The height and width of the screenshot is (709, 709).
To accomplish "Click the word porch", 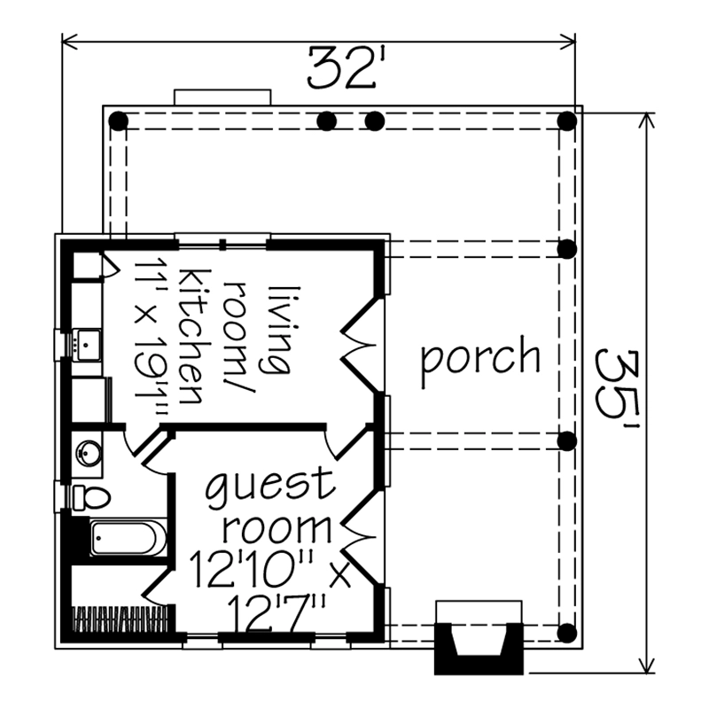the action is coord(480,361).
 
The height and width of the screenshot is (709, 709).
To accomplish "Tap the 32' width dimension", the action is coord(342,68).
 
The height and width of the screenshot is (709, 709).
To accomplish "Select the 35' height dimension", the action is coord(617,389).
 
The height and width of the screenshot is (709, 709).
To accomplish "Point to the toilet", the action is coord(91,498).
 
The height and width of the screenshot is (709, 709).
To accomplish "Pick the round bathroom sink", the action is coord(89,453).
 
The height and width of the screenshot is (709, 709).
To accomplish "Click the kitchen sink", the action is coord(87,345).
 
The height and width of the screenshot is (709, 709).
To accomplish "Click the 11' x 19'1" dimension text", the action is coord(151,337).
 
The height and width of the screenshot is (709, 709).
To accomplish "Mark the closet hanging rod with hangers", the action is coord(121,619).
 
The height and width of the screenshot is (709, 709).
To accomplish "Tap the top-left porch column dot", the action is coord(119,121).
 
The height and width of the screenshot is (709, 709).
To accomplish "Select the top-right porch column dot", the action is coord(567,121).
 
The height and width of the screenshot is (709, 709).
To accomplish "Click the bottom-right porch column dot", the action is coord(567,633).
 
